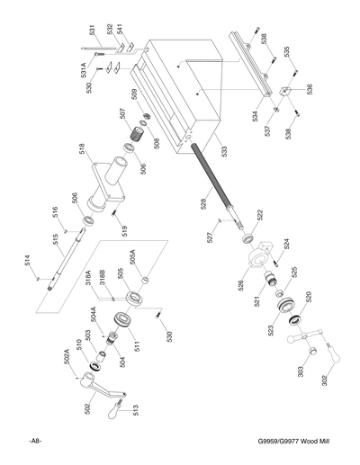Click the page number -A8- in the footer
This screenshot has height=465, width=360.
pos(37,441)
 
